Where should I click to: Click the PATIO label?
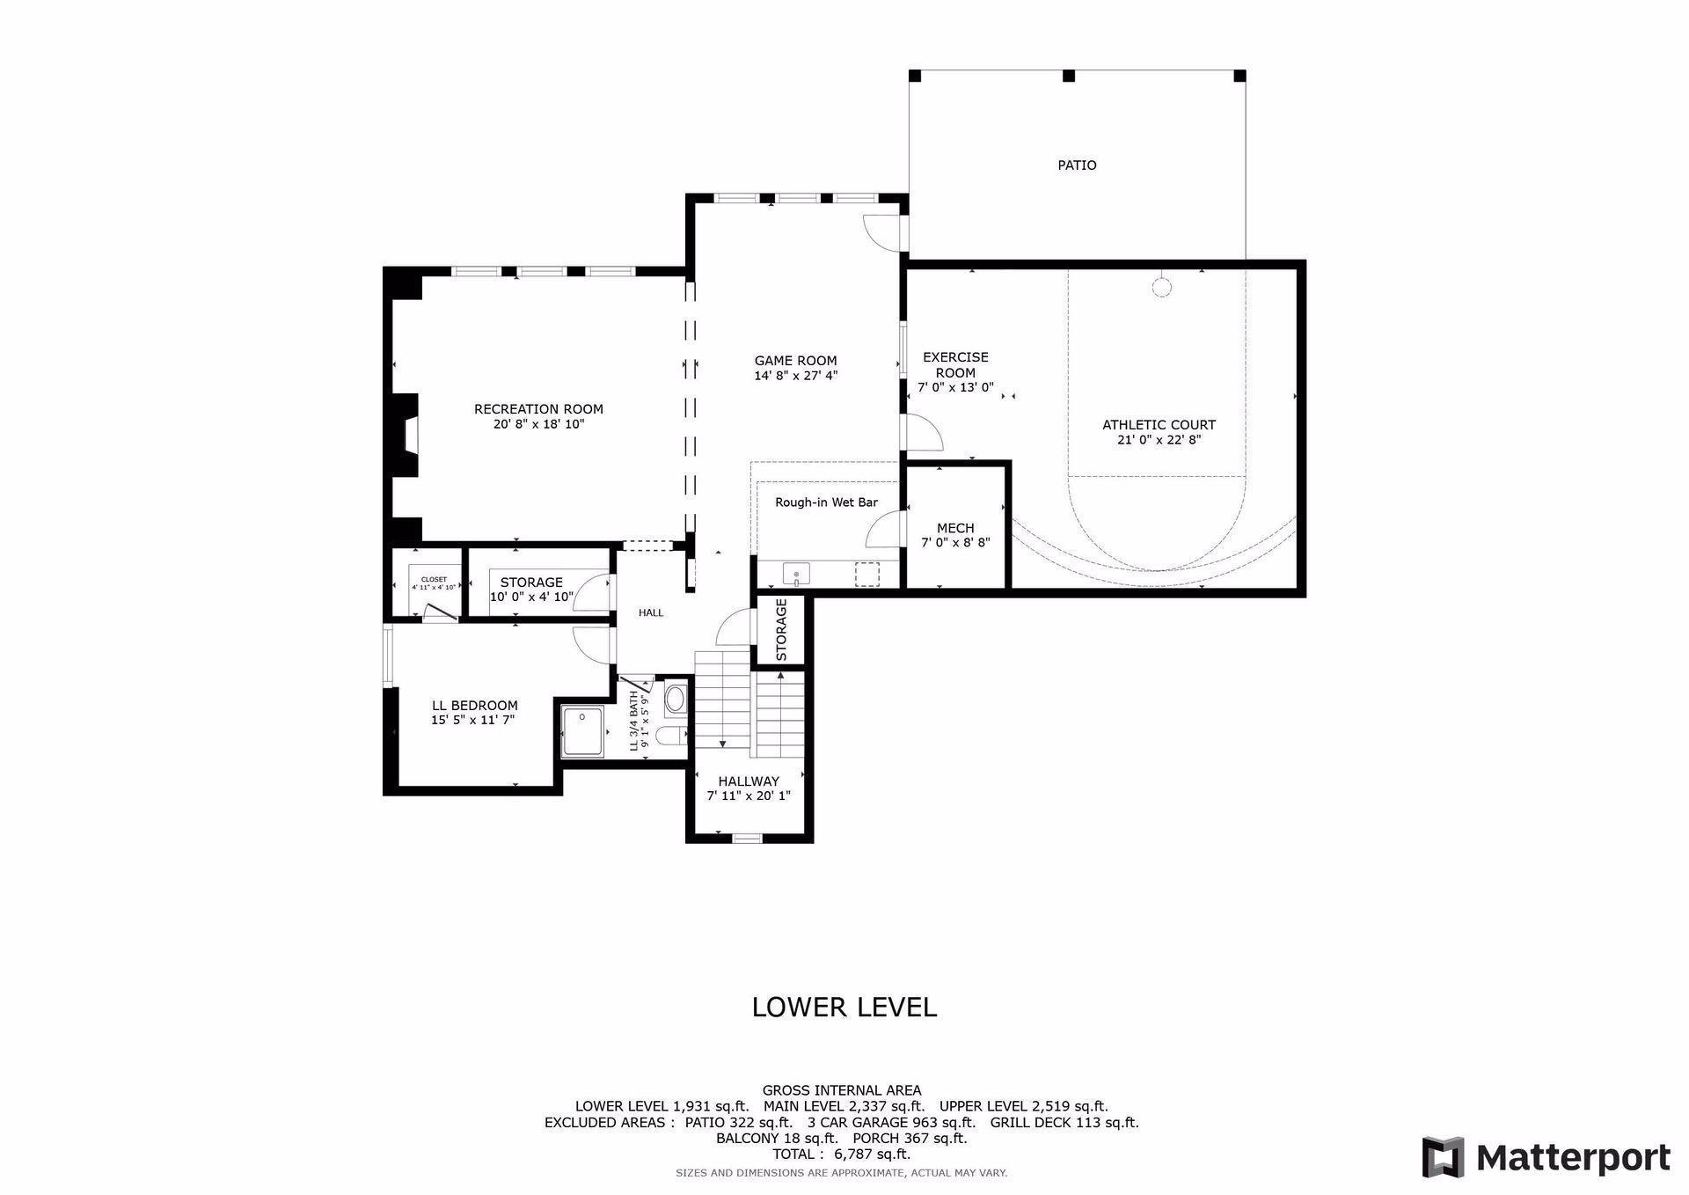coord(1077,165)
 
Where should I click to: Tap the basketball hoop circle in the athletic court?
coord(1162,287)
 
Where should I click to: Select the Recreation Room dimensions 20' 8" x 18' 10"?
coord(538,424)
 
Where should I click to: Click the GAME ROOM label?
coord(795,361)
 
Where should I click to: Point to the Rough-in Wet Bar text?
coord(826,502)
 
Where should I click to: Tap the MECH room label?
coord(955,528)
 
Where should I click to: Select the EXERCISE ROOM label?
coord(955,364)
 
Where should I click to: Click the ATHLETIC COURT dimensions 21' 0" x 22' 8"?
coord(1159,440)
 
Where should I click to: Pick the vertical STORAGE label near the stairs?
coord(781,630)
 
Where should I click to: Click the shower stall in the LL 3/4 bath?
coord(582,731)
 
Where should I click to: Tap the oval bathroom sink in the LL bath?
coord(675,700)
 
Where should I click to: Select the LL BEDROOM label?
coord(474,706)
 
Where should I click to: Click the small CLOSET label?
coord(434,580)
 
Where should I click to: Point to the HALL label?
coord(651,612)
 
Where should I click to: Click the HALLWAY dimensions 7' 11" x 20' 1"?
coord(749,796)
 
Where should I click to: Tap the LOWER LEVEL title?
coord(844,1007)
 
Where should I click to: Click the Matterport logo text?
coord(1573,1157)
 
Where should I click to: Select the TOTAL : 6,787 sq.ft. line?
coord(841,1154)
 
